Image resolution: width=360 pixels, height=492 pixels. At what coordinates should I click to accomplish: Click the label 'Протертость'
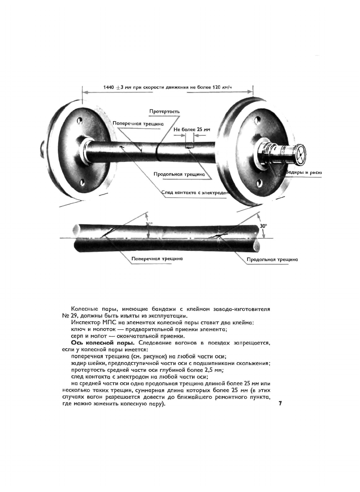164,112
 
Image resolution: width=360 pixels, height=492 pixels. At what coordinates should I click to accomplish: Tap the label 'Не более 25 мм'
192,130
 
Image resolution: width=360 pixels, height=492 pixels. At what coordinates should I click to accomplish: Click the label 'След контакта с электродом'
195,193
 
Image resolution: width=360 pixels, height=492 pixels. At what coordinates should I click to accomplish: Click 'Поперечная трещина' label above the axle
138,123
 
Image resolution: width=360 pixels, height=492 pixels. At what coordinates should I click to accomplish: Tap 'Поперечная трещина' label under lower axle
157,259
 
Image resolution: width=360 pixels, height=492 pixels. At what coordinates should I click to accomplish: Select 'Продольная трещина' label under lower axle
272,260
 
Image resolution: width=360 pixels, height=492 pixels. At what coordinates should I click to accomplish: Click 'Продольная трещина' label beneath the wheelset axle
179,174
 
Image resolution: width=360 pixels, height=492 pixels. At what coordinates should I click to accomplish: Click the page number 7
280,403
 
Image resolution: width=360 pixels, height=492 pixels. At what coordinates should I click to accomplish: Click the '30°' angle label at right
263,226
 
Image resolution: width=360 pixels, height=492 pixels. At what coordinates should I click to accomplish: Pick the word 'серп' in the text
77,336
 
